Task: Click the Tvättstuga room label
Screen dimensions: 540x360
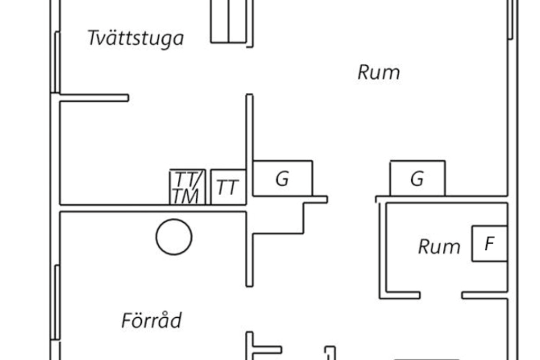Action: tap(135, 38)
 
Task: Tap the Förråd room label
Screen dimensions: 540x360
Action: tap(152, 320)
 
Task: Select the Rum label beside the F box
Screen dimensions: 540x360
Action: tap(439, 247)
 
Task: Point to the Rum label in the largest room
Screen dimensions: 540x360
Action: tap(379, 72)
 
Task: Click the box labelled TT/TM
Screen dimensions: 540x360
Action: tap(188, 187)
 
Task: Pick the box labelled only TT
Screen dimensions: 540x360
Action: tap(228, 187)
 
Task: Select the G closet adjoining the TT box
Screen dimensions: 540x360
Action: tap(283, 178)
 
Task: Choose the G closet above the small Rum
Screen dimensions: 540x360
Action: tap(418, 178)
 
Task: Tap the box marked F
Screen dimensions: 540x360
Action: tap(490, 243)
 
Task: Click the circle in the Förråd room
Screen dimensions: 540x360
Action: tap(174, 237)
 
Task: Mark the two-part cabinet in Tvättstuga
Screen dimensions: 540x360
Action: tap(228, 22)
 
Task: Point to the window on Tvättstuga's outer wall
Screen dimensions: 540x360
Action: tap(57, 62)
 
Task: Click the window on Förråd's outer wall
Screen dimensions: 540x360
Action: tap(57, 302)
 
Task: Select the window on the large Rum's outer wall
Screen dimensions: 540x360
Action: tap(510, 19)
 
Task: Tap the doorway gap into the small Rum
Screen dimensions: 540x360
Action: tap(441, 295)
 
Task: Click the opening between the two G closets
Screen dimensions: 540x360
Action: tap(351, 199)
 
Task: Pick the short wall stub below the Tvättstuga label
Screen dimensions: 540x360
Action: tap(94, 98)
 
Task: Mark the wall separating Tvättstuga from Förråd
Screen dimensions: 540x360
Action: tap(153, 208)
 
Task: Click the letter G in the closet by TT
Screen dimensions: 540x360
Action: tap(282, 179)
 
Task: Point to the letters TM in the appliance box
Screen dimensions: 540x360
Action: tap(186, 196)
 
